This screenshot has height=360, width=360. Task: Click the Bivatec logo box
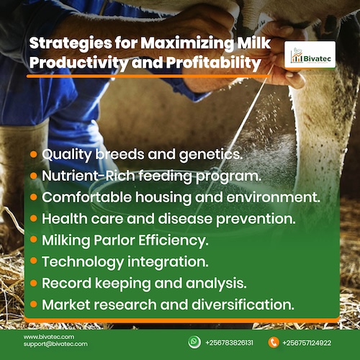(310, 55)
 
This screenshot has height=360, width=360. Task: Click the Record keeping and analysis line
(144, 283)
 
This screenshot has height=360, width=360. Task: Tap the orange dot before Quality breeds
(33, 155)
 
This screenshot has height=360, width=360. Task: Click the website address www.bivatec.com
(49, 337)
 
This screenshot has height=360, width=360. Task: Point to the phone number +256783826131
(229, 343)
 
